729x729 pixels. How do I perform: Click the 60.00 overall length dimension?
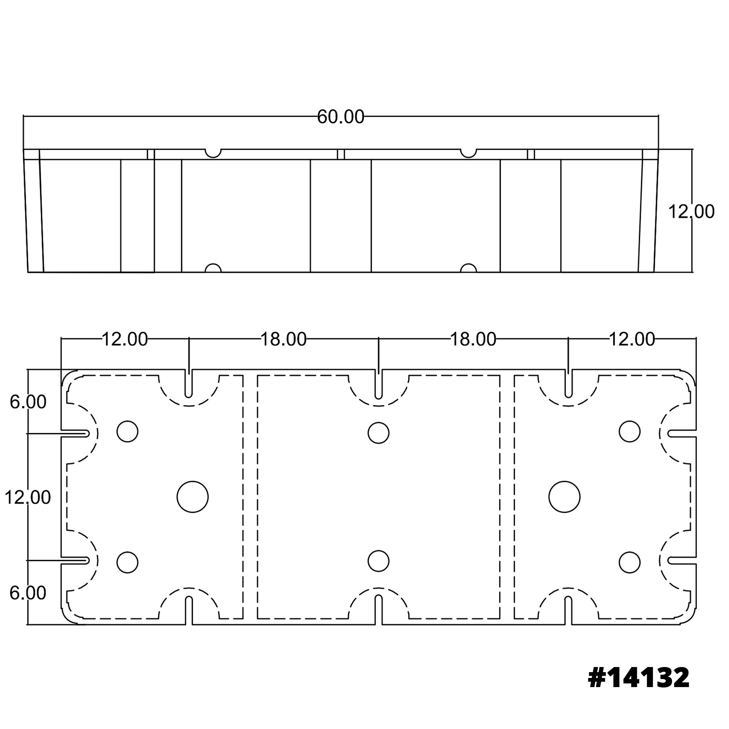click(340, 117)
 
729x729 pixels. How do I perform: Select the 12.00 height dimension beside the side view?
click(691, 212)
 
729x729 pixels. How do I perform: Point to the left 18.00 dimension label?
click(283, 340)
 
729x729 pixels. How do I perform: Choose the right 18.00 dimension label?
click(473, 340)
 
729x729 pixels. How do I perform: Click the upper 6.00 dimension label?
click(28, 402)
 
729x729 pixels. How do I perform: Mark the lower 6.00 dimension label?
click(28, 593)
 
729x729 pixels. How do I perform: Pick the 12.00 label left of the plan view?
click(28, 498)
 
